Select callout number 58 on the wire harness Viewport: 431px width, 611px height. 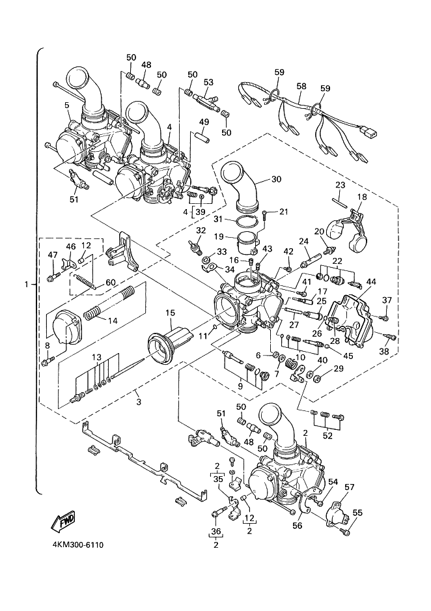301,86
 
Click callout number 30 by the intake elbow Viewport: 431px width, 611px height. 275,179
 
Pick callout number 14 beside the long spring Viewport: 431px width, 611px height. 113,320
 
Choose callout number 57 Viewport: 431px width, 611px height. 349,487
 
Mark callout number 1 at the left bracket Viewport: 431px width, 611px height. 27,284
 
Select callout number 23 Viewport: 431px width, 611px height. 340,184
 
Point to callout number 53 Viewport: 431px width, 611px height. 208,83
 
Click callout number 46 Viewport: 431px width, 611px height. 71,247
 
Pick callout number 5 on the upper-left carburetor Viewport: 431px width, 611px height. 66,104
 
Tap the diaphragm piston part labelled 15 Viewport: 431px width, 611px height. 169,341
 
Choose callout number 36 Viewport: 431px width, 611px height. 216,531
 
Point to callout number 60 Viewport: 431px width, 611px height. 111,282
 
